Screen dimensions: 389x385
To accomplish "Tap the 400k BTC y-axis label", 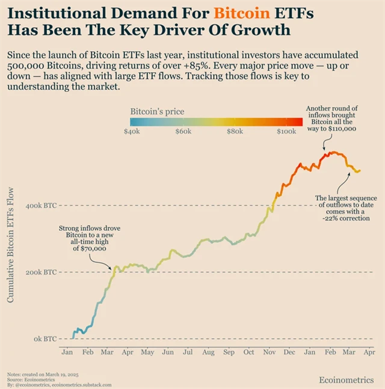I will pos(42,206).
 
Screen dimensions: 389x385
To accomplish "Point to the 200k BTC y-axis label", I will pos(42,272).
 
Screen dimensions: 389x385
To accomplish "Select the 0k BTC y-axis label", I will pos(45,339).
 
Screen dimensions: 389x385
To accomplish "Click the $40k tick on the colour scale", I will pos(131,131).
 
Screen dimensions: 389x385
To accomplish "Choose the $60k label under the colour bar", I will pos(183,131).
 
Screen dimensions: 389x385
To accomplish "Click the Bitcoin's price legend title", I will pos(157,111).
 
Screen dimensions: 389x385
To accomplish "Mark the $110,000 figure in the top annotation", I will pos(344,129).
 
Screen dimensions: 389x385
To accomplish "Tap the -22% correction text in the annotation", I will pos(346,219).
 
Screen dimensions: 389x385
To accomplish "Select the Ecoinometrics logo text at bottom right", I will pos(347,379).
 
